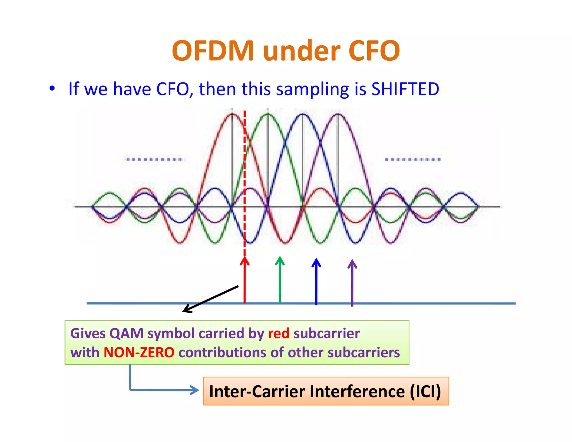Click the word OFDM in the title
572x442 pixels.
click(x=213, y=51)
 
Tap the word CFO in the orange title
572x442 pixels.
click(x=374, y=51)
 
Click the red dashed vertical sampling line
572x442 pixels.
click(x=245, y=168)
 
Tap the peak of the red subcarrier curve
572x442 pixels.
click(x=232, y=114)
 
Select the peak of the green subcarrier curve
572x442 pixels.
click(x=268, y=114)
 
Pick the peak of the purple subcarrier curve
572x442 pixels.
click(x=338, y=114)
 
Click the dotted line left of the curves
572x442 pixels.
click(x=154, y=160)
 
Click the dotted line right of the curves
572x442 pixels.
click(x=413, y=160)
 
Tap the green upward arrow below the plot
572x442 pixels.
click(x=280, y=279)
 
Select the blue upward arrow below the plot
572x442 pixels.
click(x=316, y=281)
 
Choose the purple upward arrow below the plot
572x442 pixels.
click(x=352, y=282)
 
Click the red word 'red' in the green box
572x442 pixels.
click(x=278, y=333)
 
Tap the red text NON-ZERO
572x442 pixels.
click(x=139, y=352)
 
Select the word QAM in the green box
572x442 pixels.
click(x=126, y=333)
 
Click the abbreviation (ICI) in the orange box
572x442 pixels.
click(x=425, y=391)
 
